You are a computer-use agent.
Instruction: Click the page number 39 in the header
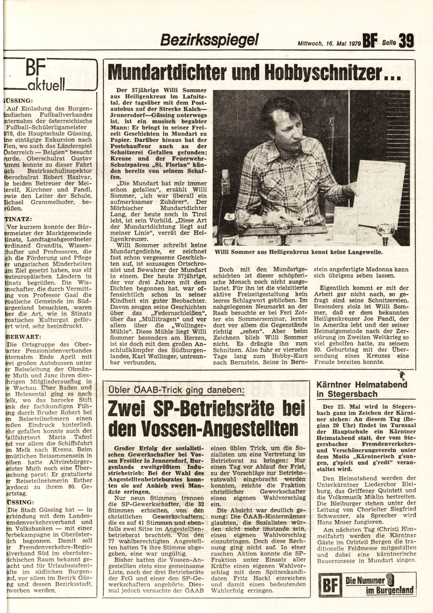(x=406, y=41)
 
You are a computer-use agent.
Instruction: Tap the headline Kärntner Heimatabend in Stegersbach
(x=362, y=389)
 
